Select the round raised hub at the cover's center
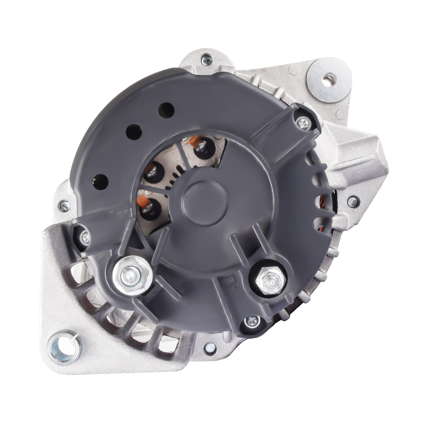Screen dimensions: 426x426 [x=201, y=196]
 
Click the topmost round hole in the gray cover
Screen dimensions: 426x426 [x=166, y=110]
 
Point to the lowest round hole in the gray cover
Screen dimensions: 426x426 [x=101, y=180]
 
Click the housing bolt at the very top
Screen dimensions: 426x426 [x=206, y=60]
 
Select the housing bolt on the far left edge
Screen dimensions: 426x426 [x=64, y=206]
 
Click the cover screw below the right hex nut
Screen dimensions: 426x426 [x=251, y=322]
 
